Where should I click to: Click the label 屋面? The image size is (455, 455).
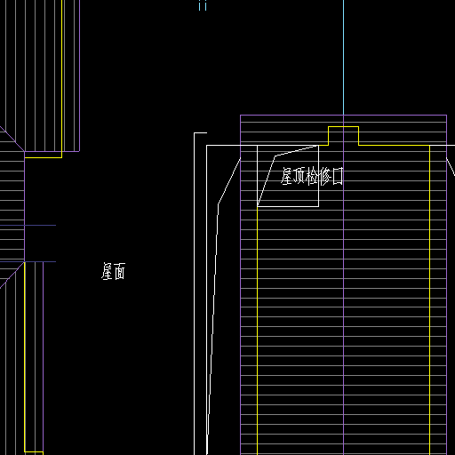coord(113,271)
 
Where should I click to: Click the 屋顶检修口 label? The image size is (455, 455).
coord(312,176)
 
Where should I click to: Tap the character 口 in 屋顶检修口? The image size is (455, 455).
coord(338,176)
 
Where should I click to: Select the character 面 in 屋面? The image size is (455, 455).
coord(120,271)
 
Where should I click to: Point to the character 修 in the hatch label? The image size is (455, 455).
coord(325,176)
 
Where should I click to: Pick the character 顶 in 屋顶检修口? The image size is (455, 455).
coord(299,176)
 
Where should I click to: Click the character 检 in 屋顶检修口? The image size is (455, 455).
coord(312,176)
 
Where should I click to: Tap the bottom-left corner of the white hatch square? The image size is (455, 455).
coord(258,206)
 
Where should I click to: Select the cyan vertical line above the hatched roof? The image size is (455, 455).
coord(344,58)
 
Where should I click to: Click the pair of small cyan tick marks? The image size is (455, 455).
coord(203,5)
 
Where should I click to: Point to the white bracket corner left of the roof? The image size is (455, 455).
coord(195,133)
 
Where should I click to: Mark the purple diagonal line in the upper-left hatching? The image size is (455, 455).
coord(12,139)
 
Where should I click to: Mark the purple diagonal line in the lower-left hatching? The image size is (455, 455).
coord(12,275)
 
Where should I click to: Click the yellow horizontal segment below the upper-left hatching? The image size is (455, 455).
coord(44,157)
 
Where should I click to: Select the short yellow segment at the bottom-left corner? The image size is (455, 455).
coord(34,452)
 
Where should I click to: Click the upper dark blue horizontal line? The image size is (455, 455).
coord(28,226)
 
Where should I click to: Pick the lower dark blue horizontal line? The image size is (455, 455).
coord(28,262)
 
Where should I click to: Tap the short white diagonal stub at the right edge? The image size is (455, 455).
coord(451,167)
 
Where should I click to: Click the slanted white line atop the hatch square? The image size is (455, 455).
coord(297,151)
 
